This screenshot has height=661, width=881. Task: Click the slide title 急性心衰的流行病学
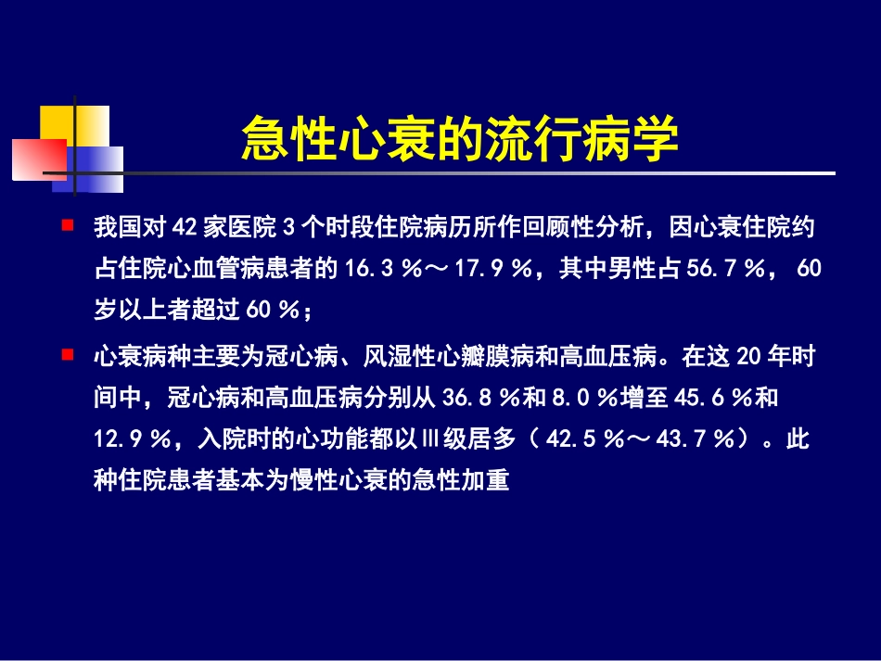(x=459, y=139)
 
